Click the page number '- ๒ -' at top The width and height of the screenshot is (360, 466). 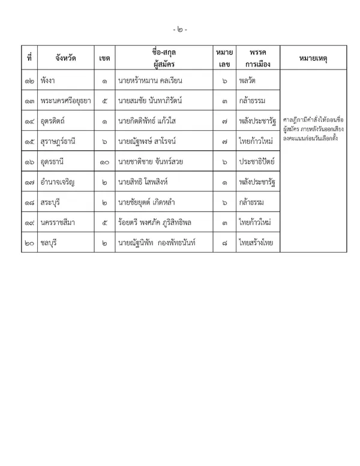click(179, 29)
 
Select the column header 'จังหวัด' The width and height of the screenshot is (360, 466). click(65, 58)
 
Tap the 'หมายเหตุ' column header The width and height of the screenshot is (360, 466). click(313, 58)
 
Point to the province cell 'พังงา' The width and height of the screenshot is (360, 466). click(49, 80)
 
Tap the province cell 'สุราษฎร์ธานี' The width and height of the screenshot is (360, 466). click(60, 142)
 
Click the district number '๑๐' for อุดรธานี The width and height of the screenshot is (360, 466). click(104, 162)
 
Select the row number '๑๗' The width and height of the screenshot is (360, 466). click(29, 182)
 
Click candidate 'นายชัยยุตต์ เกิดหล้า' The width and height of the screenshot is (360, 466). click(147, 203)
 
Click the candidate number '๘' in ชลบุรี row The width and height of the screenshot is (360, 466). click(224, 243)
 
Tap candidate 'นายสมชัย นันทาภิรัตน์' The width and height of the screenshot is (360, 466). click(151, 101)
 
